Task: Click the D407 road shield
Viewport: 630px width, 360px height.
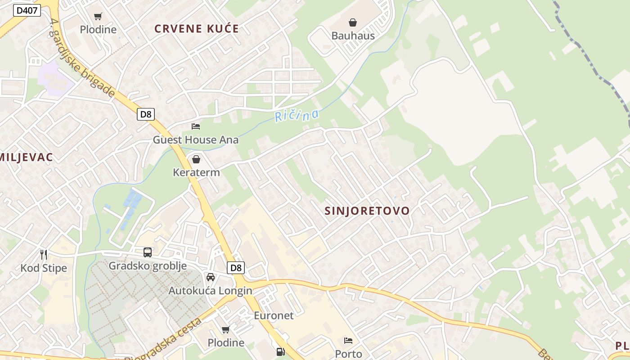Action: coord(27,10)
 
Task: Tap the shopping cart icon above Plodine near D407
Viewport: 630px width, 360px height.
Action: coord(98,17)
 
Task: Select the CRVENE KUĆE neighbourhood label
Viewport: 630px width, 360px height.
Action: coord(197,29)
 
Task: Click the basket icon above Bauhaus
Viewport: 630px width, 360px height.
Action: coord(353,22)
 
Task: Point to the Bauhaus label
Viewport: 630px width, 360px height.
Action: coord(353,36)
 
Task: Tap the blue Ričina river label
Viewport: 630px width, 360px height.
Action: coord(297,116)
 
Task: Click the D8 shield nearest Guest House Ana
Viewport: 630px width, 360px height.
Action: coord(146,114)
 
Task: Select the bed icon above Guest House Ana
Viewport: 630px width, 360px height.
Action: coord(196,126)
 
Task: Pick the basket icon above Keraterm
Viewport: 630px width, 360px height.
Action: coord(196,159)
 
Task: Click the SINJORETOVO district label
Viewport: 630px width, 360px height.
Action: coord(367,211)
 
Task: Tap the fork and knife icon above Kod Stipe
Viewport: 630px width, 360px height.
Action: coord(44,255)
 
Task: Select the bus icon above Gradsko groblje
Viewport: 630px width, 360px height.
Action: coord(148,252)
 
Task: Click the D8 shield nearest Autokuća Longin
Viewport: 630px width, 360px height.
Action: coord(236,268)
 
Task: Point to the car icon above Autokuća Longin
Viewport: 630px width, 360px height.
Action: coord(210,277)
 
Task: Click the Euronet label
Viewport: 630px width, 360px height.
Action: coord(274,315)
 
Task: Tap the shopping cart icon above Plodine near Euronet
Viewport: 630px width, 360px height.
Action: coord(226,330)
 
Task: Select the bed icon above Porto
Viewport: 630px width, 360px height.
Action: coord(348,341)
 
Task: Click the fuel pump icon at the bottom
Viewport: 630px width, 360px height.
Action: coord(281,352)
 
